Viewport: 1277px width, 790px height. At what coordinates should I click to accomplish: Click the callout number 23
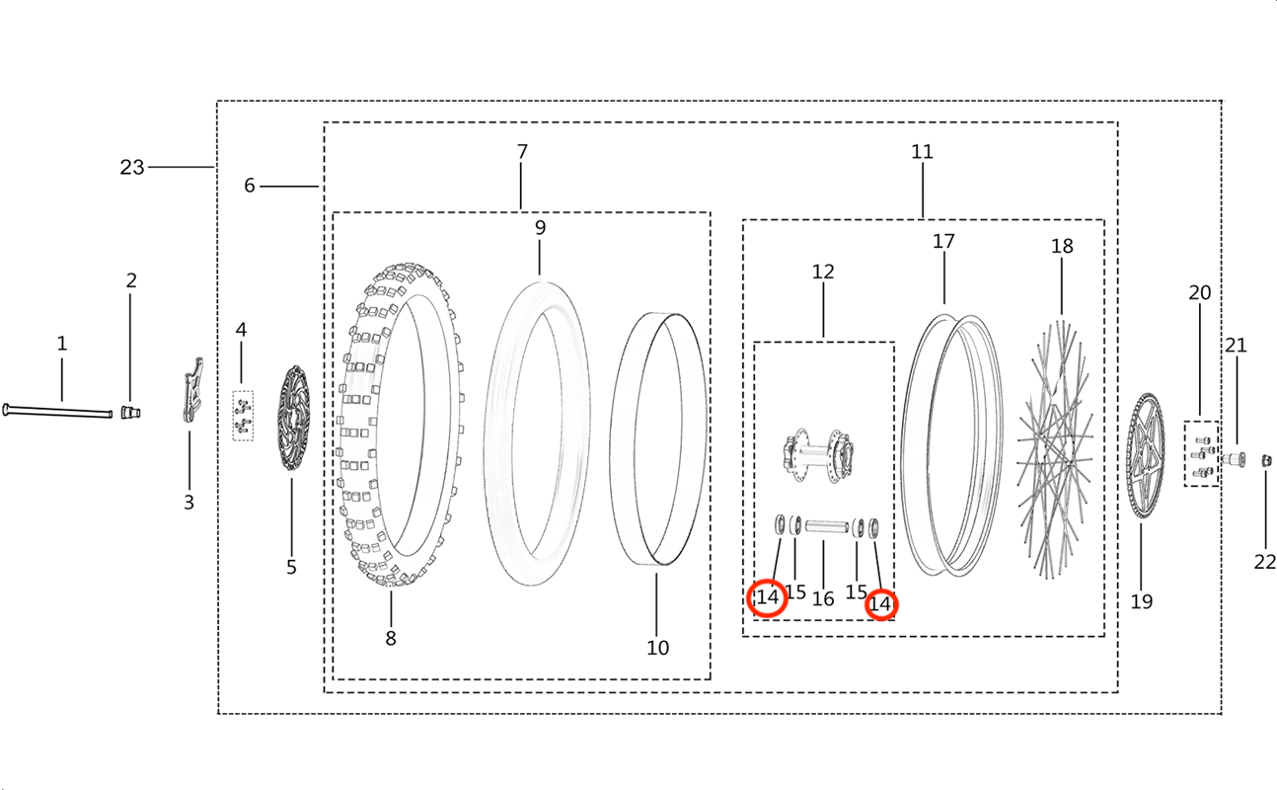(131, 167)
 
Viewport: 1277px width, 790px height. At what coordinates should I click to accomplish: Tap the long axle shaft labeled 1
(57, 411)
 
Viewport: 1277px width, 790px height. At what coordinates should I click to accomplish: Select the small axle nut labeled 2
(130, 412)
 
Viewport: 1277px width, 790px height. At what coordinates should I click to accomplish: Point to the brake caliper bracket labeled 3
(193, 390)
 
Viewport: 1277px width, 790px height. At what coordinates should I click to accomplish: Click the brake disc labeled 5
(293, 418)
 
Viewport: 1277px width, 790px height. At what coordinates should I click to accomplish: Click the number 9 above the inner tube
(540, 227)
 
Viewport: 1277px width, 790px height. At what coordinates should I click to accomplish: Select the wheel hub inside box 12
(817, 455)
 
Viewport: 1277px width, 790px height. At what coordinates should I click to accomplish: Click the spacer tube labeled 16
(827, 526)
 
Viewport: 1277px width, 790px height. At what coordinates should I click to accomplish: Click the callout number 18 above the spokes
(1062, 247)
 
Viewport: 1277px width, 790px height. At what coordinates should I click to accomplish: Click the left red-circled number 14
(768, 597)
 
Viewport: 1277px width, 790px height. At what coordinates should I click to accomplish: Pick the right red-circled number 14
(881, 604)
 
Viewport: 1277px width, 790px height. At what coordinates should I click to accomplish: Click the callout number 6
(249, 186)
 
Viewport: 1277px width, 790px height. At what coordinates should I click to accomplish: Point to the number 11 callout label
(922, 152)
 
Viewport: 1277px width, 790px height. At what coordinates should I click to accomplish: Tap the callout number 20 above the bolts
(1199, 292)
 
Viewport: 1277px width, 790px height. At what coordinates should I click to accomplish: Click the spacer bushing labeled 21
(1234, 459)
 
